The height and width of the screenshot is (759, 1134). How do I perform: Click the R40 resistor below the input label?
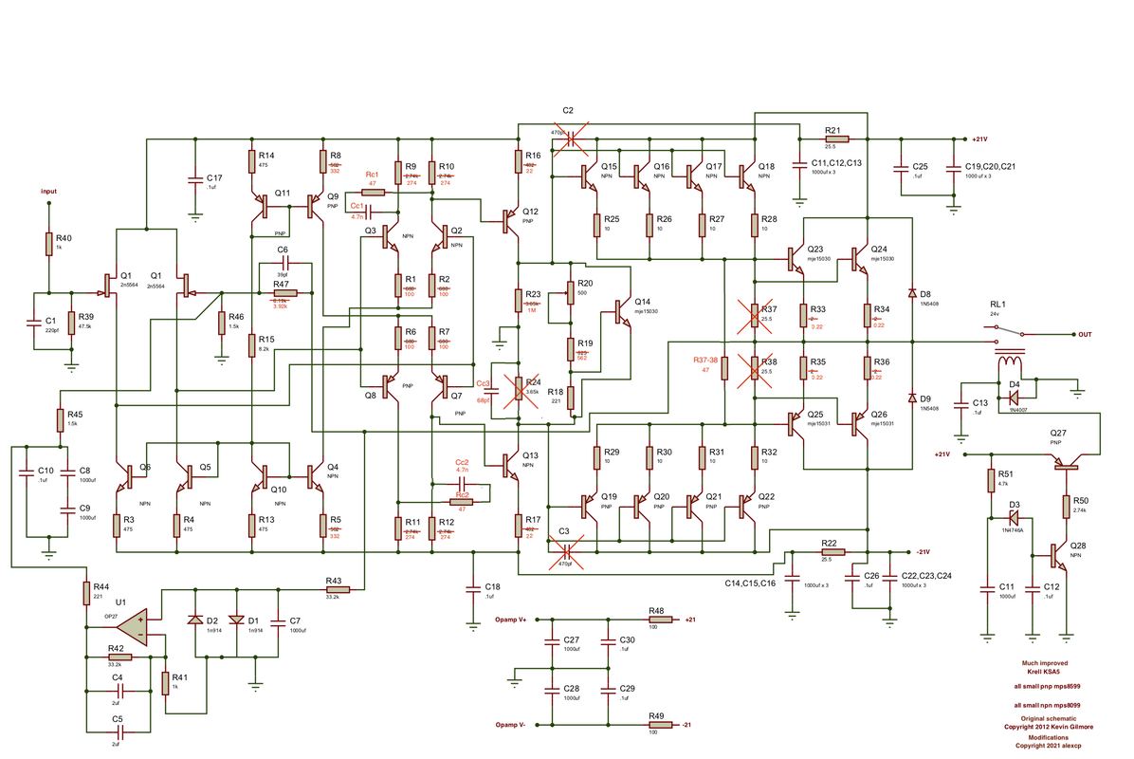(47, 244)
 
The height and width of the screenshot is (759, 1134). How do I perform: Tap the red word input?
(48, 191)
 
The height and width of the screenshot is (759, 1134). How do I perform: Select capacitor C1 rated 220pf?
(35, 322)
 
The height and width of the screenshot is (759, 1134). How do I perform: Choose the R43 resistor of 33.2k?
(333, 589)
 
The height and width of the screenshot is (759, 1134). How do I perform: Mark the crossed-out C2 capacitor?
(571, 138)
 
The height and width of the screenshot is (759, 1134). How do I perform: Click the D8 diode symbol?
(912, 293)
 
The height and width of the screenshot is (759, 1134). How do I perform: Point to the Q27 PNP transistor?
(1067, 463)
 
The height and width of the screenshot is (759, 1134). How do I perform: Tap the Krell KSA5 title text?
(1044, 670)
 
